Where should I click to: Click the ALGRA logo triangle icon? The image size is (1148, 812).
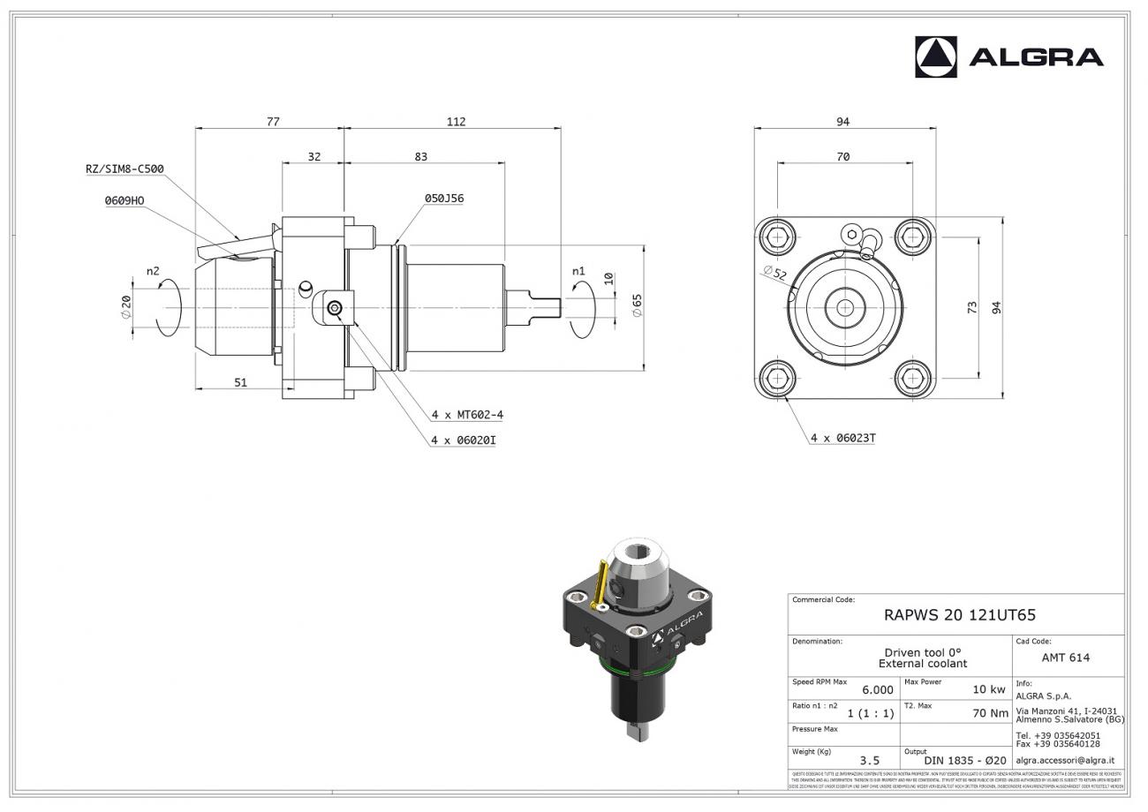click(935, 57)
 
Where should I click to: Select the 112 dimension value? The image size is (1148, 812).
click(456, 122)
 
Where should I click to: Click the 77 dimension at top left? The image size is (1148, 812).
click(273, 122)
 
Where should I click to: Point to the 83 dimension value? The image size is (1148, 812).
click(420, 157)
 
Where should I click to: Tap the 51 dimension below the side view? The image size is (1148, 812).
click(240, 382)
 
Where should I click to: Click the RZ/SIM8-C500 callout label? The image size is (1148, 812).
click(125, 169)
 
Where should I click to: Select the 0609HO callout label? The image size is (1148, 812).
click(124, 200)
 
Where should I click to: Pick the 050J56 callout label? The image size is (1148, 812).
click(443, 199)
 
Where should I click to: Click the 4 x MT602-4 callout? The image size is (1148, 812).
click(467, 414)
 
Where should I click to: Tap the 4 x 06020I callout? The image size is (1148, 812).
click(463, 440)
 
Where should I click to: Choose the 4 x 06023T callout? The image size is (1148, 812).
click(842, 437)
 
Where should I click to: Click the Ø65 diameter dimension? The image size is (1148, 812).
click(637, 305)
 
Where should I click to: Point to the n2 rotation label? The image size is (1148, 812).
click(153, 271)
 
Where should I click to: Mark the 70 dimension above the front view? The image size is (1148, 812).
click(842, 157)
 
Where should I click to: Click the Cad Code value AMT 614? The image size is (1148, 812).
click(1065, 658)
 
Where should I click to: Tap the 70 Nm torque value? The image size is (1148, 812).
click(990, 713)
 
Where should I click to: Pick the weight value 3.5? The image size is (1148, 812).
click(869, 760)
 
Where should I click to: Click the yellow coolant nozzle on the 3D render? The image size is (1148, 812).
click(600, 583)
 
